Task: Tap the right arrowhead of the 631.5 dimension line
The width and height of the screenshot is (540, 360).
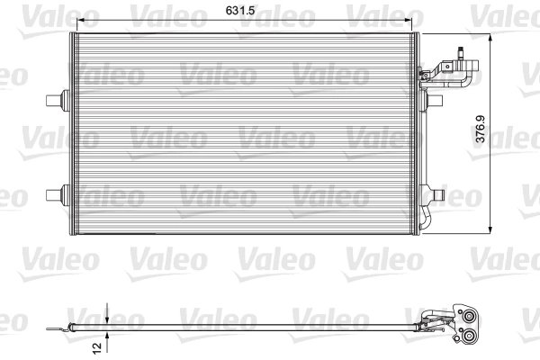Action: (418, 20)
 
